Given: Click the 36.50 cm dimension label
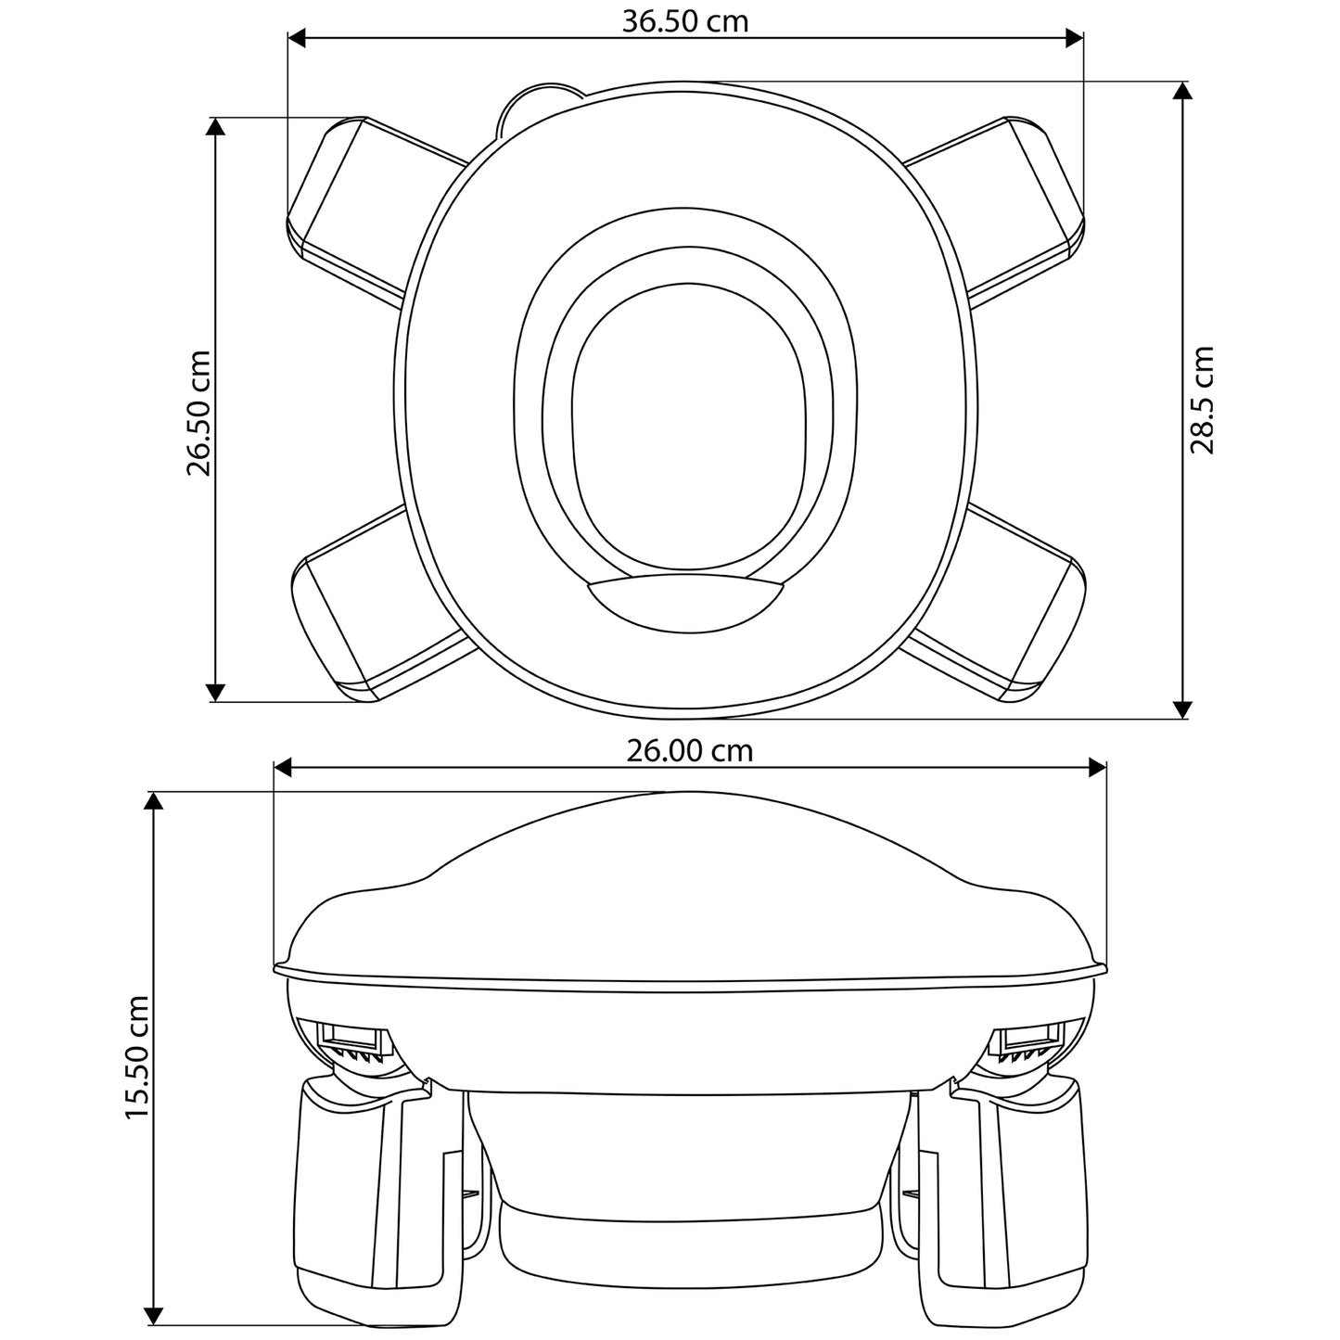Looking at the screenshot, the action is [684, 21].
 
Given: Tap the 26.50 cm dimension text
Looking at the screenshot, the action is [198, 413].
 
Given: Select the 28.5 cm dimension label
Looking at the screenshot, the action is [1202, 400].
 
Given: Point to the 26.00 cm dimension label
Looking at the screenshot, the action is [689, 751].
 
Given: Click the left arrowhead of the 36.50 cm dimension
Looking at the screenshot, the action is [297, 39].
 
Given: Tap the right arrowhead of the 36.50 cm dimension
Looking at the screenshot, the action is [1075, 39].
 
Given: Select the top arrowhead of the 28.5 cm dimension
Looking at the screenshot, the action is [1181, 92].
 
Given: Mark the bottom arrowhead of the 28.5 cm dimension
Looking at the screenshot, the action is [1181, 708].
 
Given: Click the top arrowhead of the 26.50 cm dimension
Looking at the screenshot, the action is [216, 126].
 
